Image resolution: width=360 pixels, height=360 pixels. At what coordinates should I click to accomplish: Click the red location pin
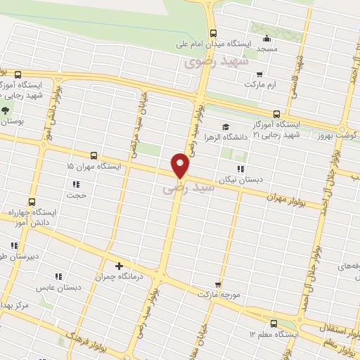pyautogui.click(x=181, y=165)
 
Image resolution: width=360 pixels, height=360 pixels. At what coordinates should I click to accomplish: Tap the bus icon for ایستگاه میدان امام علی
pyautogui.click(x=213, y=32)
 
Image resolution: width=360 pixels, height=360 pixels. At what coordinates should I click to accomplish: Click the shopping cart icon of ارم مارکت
pyautogui.click(x=259, y=74)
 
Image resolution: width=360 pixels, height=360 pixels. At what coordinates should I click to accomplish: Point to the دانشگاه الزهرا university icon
pyautogui.click(x=225, y=127)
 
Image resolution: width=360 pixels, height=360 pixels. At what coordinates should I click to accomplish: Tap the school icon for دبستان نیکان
pyautogui.click(x=241, y=169)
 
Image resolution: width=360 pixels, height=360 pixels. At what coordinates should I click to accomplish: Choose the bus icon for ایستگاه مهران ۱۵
pyautogui.click(x=94, y=155)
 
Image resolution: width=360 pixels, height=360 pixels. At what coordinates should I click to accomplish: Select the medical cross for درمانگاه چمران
pyautogui.click(x=119, y=266)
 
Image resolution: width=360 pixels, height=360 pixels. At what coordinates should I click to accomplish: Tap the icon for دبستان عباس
pyautogui.click(x=58, y=276)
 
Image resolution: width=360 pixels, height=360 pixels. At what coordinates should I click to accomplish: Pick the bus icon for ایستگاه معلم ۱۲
pyautogui.click(x=274, y=323)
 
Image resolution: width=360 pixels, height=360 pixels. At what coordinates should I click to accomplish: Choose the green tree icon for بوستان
pyautogui.click(x=6, y=110)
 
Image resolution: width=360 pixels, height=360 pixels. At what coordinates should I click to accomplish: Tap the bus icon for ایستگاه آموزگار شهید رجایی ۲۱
pyautogui.click(x=276, y=113)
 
